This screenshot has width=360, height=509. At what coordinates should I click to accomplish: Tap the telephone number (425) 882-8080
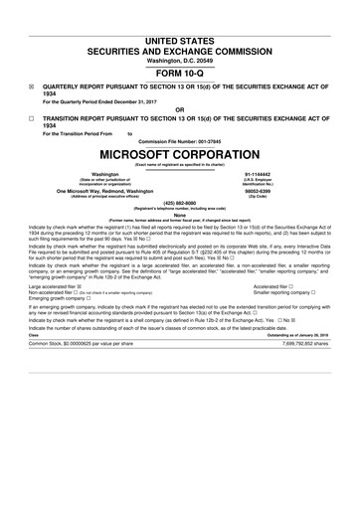[x=179, y=203]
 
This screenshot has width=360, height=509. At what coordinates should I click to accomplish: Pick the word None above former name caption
[x=179, y=214]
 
